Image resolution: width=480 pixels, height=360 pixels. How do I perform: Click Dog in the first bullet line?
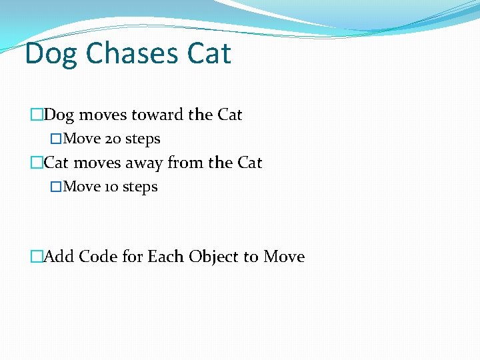[x=59, y=115]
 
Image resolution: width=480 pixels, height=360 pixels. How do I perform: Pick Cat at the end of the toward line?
[x=229, y=115]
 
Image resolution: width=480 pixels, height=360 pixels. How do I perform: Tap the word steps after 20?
[x=143, y=139]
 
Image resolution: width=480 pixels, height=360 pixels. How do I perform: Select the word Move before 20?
[x=82, y=139]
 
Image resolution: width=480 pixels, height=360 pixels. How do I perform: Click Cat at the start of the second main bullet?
[x=57, y=163]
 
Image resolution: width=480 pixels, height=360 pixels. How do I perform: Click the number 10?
[x=111, y=187]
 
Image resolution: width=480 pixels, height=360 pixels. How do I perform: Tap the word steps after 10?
[x=140, y=187]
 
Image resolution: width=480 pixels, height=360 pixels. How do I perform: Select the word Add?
[x=59, y=257]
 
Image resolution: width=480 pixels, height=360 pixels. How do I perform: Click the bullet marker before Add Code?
[x=37, y=257]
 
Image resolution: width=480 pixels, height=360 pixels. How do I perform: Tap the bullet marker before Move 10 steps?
[x=57, y=187]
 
